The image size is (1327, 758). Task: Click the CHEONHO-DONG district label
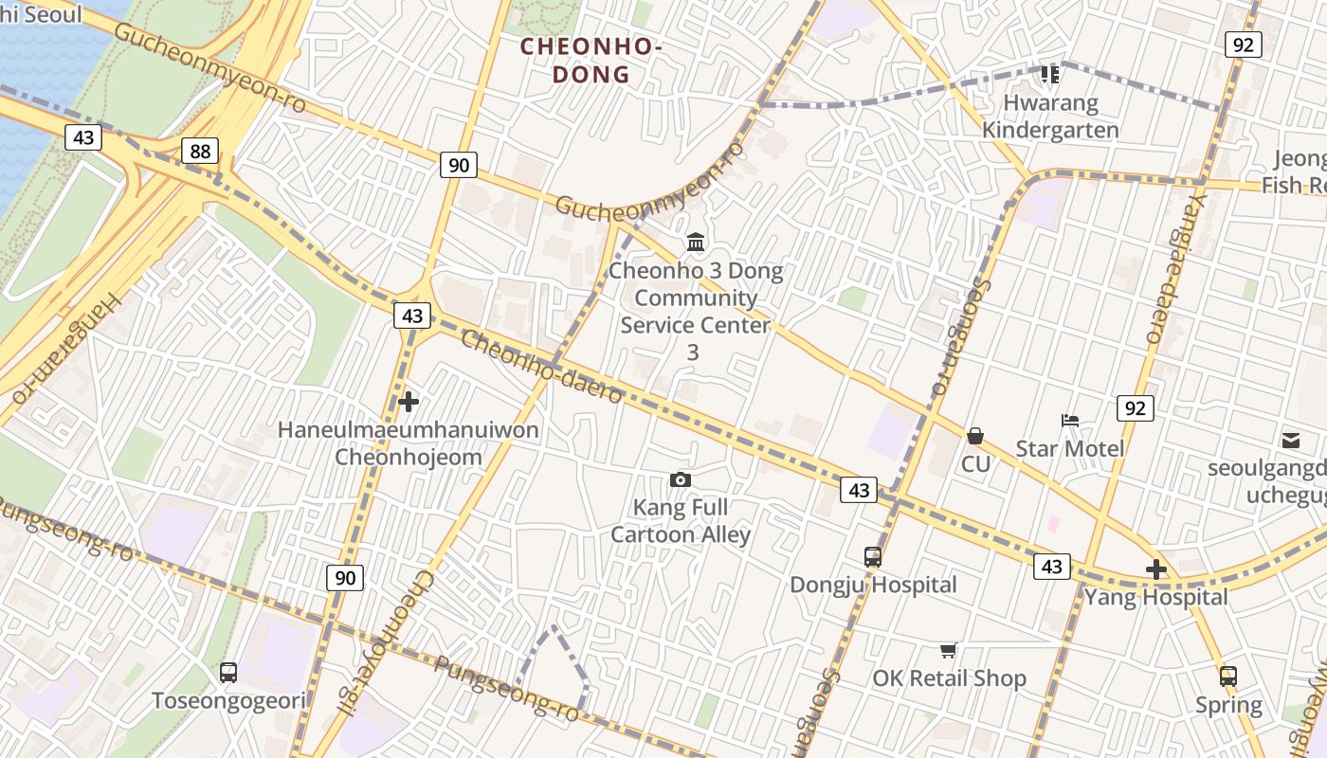pos(590,60)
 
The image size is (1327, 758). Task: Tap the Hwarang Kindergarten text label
pos(1050,117)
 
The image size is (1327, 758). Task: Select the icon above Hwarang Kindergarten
pos(1049,74)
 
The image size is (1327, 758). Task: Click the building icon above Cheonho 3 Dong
pos(696,243)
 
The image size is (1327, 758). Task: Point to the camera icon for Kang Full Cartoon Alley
pos(680,480)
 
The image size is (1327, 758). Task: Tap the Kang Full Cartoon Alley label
pos(681,521)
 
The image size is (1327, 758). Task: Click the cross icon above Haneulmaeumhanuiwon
pos(409,402)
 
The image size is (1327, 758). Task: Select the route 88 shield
pos(200,151)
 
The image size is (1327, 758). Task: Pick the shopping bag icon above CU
pos(974,436)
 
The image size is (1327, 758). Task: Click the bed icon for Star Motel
pos(1070,421)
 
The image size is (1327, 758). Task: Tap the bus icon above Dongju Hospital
pos(873,557)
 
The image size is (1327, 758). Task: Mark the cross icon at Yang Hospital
pos(1155,569)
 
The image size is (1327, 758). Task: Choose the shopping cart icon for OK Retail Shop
pos(948,650)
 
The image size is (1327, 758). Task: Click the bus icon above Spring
pos(1228,677)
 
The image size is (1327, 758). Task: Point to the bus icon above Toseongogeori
pos(228,673)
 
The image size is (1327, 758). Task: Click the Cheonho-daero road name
pos(541,367)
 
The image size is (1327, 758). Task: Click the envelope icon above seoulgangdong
pos(1291,440)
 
